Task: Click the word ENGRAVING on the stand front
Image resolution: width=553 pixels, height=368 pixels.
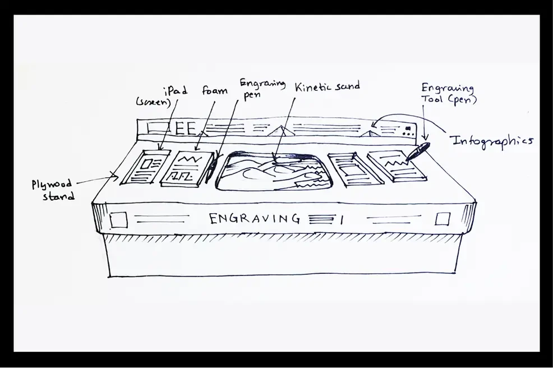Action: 254,218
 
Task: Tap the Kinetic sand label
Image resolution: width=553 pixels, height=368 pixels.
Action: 327,86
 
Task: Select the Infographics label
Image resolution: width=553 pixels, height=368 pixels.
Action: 492,140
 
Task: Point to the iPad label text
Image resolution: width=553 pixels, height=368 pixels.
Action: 175,90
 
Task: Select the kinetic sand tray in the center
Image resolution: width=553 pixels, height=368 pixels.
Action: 274,169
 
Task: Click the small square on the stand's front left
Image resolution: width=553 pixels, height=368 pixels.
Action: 118,219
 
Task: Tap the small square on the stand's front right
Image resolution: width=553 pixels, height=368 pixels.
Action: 443,218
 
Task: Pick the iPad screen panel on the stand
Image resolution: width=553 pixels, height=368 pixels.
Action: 144,168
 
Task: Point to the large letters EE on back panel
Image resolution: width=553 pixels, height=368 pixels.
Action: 185,129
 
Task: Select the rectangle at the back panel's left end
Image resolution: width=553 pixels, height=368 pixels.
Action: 155,127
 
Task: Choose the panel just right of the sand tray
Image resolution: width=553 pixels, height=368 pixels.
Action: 354,169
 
